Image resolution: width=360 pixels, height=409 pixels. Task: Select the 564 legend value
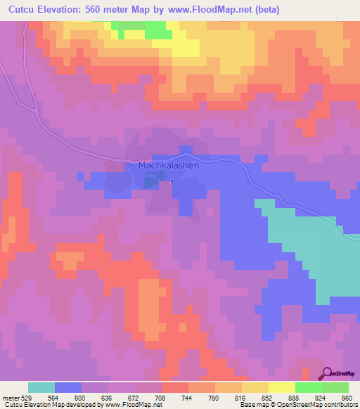click(x=55, y=397)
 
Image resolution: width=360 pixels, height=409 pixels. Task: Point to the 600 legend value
click(x=82, y=397)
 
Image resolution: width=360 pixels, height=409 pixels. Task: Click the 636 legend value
click(x=108, y=397)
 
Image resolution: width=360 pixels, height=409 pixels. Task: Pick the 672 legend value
click(x=135, y=397)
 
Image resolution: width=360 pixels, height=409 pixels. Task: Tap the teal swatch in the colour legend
click(x=41, y=387)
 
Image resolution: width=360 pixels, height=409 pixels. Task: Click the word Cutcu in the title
click(x=23, y=10)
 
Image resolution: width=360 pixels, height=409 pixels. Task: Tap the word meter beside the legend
click(x=10, y=397)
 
